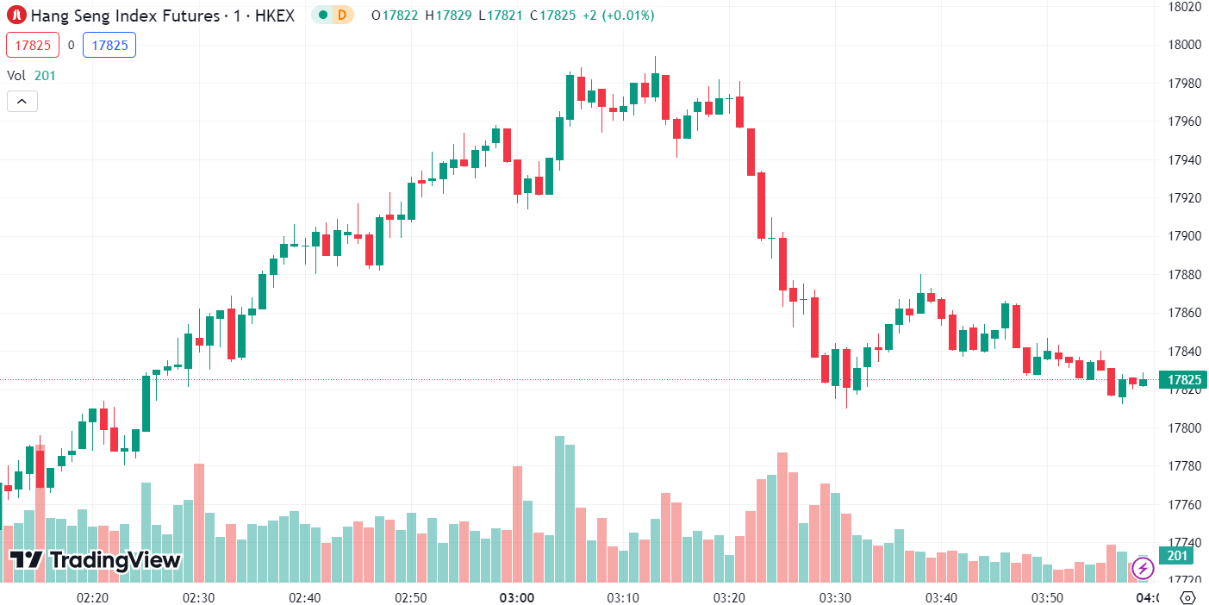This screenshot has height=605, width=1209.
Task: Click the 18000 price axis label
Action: coord(1184,45)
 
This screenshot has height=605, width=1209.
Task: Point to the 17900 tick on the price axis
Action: coord(1184,236)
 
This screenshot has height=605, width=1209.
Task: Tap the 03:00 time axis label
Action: coord(517,597)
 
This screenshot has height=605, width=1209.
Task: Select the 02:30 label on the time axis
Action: coord(198,597)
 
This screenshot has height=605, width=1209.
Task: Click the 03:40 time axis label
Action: coord(941,597)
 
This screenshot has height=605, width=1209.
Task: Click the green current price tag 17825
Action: coord(1183,380)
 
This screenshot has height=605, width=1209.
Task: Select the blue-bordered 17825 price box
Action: coord(109,45)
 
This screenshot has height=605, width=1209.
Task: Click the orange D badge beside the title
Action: coord(342,16)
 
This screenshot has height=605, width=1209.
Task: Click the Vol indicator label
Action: coord(16,75)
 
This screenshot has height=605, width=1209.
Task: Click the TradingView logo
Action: coord(95,560)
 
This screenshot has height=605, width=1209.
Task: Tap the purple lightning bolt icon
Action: coord(1143,569)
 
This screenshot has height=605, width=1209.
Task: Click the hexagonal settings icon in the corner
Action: coord(1187,597)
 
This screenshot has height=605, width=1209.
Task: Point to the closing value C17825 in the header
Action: coord(552,16)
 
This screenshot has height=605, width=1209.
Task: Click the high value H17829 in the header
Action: coord(448,16)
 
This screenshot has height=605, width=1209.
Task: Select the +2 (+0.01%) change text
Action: coord(618,16)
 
